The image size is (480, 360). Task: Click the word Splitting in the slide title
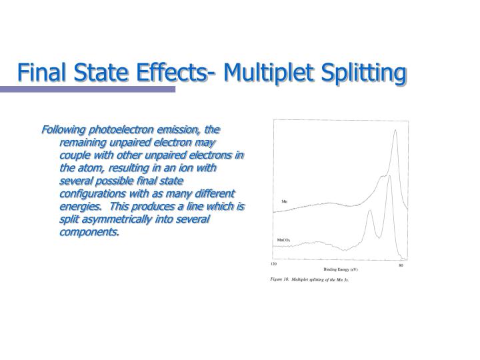(x=363, y=72)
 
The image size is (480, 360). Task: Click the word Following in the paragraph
(x=64, y=129)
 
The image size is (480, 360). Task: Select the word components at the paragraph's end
(x=89, y=232)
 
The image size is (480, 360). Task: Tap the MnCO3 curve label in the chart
(x=285, y=239)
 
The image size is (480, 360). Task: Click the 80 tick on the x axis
(x=401, y=266)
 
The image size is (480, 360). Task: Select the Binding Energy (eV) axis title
(x=341, y=269)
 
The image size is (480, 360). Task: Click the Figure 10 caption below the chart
(x=309, y=281)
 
